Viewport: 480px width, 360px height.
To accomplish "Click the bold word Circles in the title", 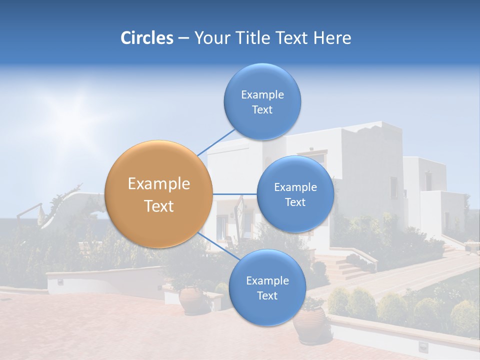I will click(147, 38).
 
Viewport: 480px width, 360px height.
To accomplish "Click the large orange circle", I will click(158, 194).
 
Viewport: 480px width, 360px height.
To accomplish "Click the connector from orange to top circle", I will click(216, 142).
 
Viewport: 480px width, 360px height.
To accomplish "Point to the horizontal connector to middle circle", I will click(234, 194).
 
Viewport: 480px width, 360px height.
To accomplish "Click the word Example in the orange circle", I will click(158, 184).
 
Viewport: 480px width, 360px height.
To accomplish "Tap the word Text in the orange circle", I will click(158, 206).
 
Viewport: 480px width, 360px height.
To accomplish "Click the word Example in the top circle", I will click(262, 94).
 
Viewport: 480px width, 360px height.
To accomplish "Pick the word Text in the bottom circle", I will click(267, 295).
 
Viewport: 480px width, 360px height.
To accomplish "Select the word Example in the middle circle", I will click(295, 187).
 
